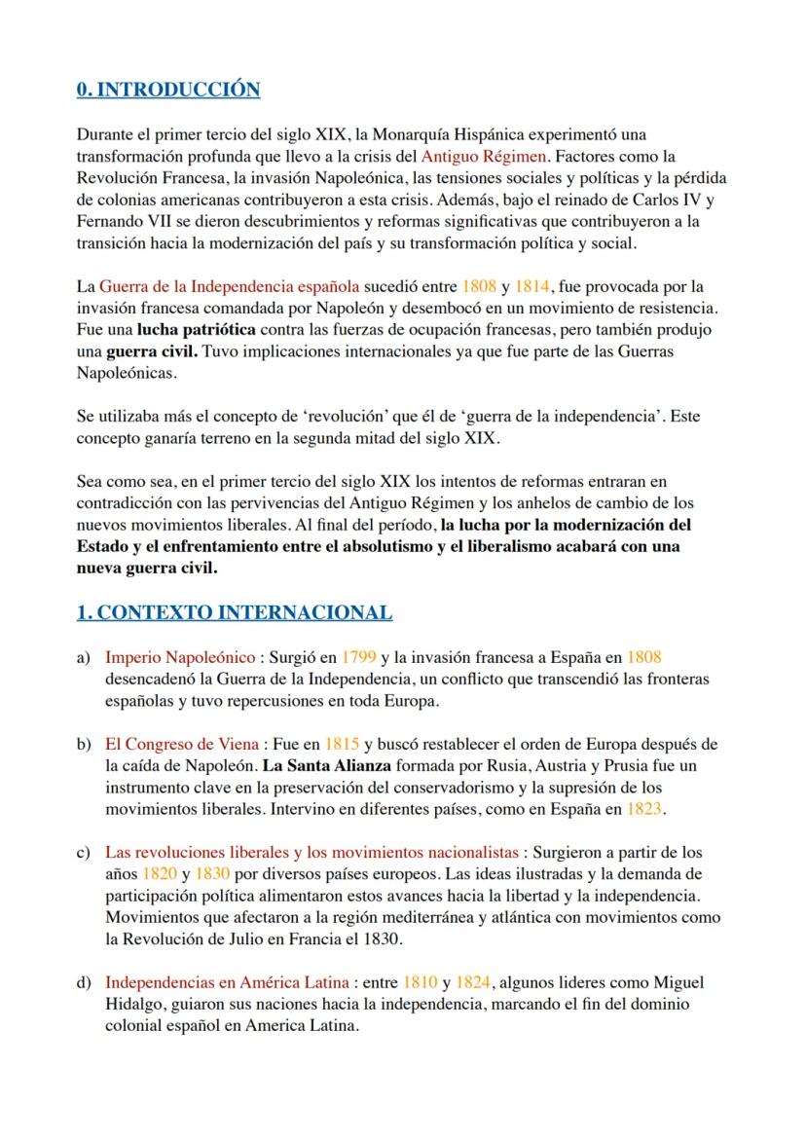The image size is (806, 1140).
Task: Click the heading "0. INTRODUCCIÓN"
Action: [168, 91]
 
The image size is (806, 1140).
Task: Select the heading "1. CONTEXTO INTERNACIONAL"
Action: [234, 612]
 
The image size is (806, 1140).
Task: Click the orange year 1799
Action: [361, 657]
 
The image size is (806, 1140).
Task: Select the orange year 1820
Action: [161, 874]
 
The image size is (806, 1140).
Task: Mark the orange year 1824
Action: [474, 982]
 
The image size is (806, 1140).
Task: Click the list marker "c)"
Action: [84, 853]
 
